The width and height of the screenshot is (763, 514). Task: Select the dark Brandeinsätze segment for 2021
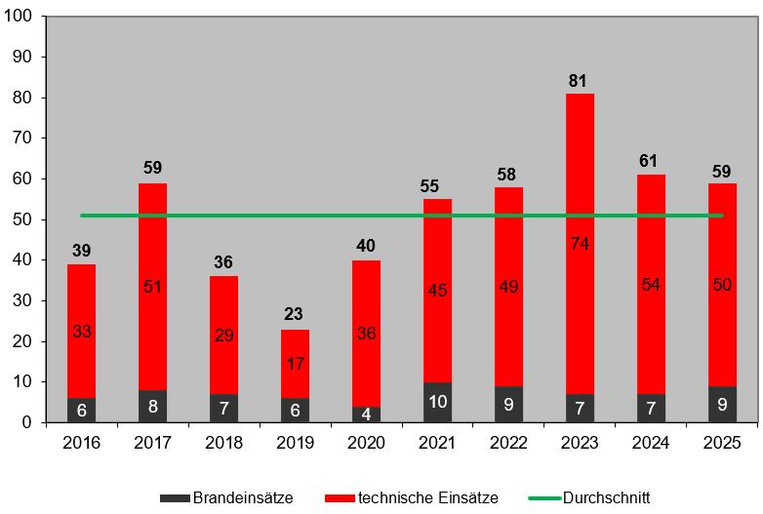(x=437, y=402)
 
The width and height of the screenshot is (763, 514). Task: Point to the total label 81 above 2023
(x=580, y=81)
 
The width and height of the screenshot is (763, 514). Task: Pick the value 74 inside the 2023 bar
(x=580, y=243)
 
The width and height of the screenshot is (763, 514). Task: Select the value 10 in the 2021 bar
(x=437, y=402)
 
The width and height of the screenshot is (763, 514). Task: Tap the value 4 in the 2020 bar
(x=366, y=415)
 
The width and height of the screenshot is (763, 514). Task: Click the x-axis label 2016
(x=81, y=443)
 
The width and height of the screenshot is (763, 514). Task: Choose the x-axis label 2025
(x=722, y=443)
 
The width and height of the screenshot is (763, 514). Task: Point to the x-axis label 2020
(x=366, y=443)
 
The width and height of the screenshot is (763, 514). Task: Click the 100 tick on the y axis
(x=20, y=17)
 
